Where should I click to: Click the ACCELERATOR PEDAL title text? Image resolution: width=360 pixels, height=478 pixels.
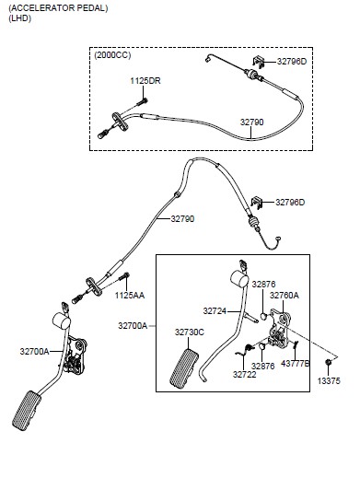pyautogui.click(x=58, y=8)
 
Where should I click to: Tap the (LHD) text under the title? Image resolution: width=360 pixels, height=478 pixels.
pyautogui.click(x=20, y=18)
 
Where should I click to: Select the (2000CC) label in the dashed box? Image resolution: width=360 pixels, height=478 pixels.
pyautogui.click(x=112, y=55)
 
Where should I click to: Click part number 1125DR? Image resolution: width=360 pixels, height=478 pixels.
pyautogui.click(x=145, y=81)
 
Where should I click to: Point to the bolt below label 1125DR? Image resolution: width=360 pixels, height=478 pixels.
pyautogui.click(x=142, y=102)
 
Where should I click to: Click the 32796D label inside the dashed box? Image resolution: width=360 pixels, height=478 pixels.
pyautogui.click(x=292, y=62)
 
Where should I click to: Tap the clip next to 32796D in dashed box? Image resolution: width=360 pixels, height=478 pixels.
pyautogui.click(x=259, y=62)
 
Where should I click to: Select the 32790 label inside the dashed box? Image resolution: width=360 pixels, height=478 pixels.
pyautogui.click(x=251, y=122)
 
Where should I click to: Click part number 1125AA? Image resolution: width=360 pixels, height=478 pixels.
pyautogui.click(x=130, y=296)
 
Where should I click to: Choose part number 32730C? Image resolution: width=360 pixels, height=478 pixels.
pyautogui.click(x=190, y=332)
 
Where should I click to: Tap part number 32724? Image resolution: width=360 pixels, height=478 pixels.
pyautogui.click(x=215, y=311)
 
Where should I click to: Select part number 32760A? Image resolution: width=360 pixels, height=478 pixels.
pyautogui.click(x=284, y=296)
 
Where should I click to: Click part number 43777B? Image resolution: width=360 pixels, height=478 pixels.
pyautogui.click(x=295, y=364)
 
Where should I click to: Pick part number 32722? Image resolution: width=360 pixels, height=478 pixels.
pyautogui.click(x=244, y=375)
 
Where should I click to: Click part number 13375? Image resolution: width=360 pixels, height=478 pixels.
pyautogui.click(x=329, y=381)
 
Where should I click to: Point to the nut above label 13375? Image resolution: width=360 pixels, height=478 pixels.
pyautogui.click(x=328, y=362)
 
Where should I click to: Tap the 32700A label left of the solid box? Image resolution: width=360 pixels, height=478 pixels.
pyautogui.click(x=133, y=326)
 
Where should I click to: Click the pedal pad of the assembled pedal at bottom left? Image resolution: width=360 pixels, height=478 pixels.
pyautogui.click(x=27, y=411)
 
